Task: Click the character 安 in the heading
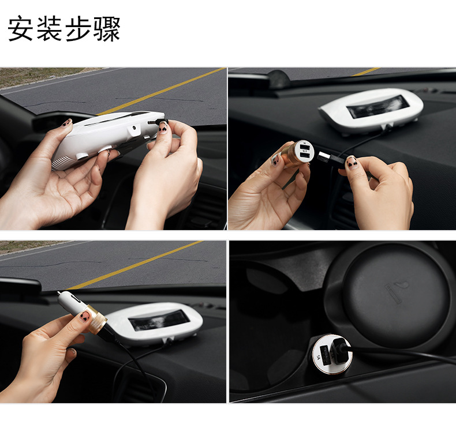[x=20, y=28]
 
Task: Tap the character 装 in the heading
[x=49, y=28]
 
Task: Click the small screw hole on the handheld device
[x=134, y=127]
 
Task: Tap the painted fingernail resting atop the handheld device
[x=66, y=123]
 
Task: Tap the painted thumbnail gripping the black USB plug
[x=352, y=163]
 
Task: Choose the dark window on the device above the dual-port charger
[x=376, y=106]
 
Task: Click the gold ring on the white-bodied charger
[x=98, y=320]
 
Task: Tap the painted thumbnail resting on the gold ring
[x=85, y=316]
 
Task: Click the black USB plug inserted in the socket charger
[x=340, y=350]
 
